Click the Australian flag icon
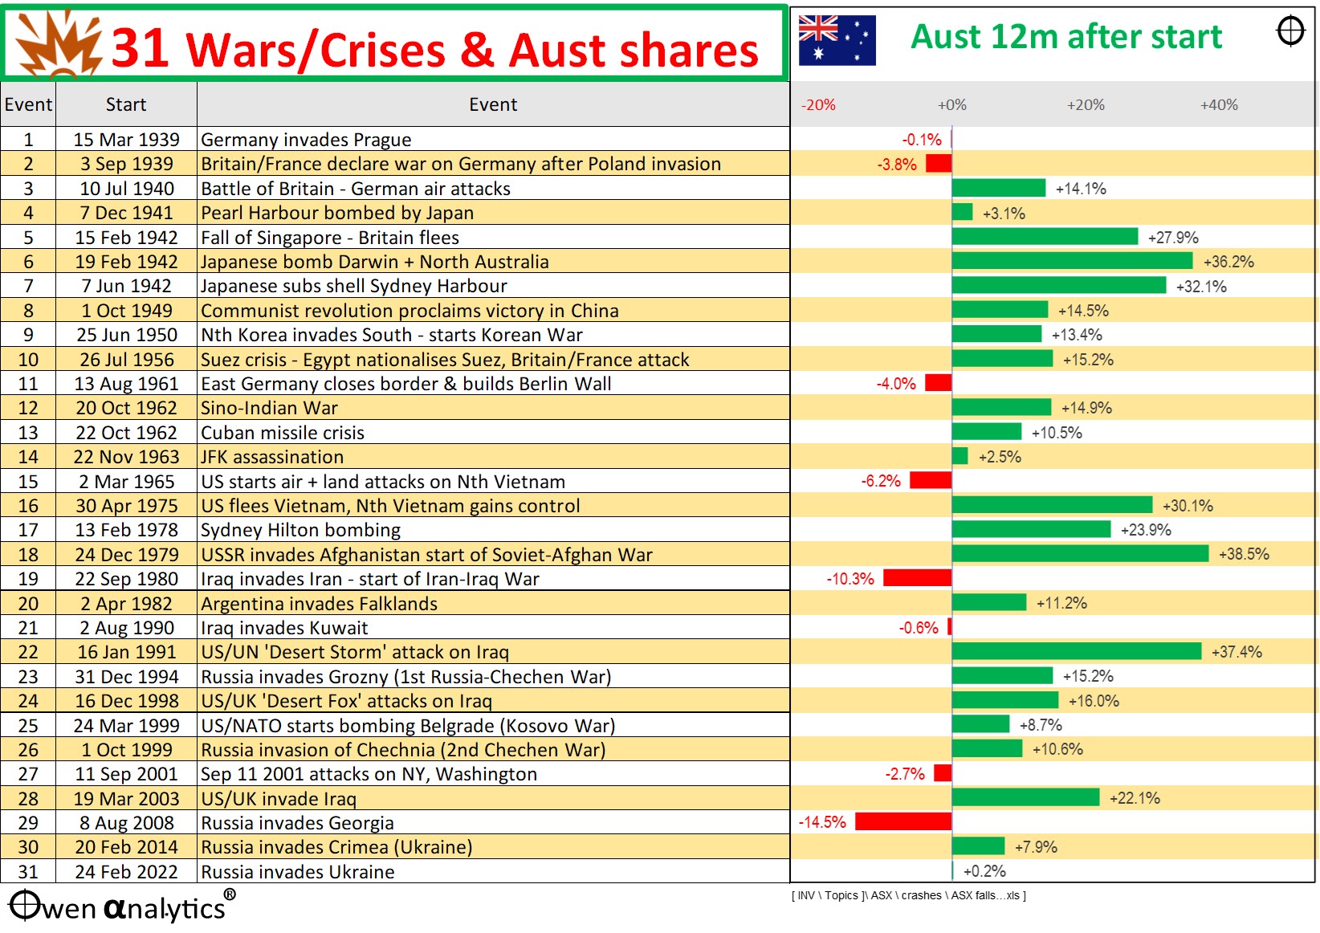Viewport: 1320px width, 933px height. tap(837, 40)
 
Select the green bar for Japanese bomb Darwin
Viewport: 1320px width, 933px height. tap(1072, 261)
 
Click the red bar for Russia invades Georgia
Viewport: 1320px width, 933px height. tap(903, 821)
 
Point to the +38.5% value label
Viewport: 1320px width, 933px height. tap(1244, 554)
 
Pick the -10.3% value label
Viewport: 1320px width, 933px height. tap(849, 579)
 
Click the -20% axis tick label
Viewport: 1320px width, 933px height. tap(818, 105)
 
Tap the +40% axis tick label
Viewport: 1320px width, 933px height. tap(1219, 105)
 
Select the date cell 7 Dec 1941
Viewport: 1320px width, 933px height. tap(126, 213)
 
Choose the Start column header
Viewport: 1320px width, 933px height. tap(126, 104)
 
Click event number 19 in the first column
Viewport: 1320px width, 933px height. tap(28, 579)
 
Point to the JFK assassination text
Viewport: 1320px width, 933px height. tap(272, 457)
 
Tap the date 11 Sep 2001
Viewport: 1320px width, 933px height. tap(126, 774)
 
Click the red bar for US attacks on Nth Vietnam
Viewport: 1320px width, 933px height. tap(931, 480)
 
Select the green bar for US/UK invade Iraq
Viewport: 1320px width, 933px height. tap(1025, 797)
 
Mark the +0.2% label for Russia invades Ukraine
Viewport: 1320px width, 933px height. tap(984, 871)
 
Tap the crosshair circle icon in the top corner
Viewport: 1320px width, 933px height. tap(1290, 31)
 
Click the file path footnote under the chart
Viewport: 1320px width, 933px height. tap(908, 895)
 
